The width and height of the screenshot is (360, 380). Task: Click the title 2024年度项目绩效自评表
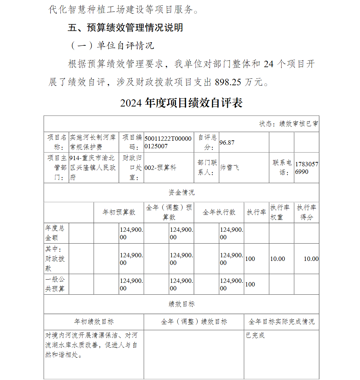tap(181, 103)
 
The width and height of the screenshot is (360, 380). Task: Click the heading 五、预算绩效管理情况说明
tap(125, 28)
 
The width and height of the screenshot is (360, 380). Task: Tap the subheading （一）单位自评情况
tap(112, 46)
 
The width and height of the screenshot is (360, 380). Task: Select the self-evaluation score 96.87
tap(227, 142)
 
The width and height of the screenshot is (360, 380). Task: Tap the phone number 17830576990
tap(306, 168)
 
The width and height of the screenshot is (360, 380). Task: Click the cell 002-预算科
tap(161, 168)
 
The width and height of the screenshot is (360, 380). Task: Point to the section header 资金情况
tap(181, 193)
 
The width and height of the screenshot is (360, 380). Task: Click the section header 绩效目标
tap(181, 304)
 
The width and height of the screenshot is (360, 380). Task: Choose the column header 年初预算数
tap(119, 212)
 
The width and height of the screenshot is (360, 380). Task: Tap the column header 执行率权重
tap(281, 212)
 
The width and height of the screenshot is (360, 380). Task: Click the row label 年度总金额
tap(55, 233)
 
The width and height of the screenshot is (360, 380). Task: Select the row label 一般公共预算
tap(55, 284)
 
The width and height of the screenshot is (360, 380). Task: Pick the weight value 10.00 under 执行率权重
tap(278, 259)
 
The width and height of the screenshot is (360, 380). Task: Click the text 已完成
tap(255, 336)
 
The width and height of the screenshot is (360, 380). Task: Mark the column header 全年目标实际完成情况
tap(282, 322)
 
